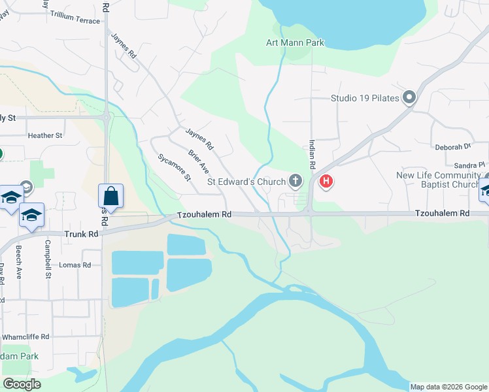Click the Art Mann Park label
tap(295, 43)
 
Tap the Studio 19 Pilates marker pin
tap(410, 98)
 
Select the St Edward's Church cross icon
tap(295, 180)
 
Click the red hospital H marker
tap(326, 182)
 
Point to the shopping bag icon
tap(110, 195)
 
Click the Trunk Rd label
tap(81, 234)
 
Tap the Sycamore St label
tap(174, 167)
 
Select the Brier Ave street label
tap(198, 160)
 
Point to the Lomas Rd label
tap(75, 265)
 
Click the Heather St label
tap(45, 136)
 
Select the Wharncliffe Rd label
tap(26, 337)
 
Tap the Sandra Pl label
tap(471, 165)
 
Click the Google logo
tap(22, 384)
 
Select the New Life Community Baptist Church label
tap(439, 180)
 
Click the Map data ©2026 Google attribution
tap(448, 387)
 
